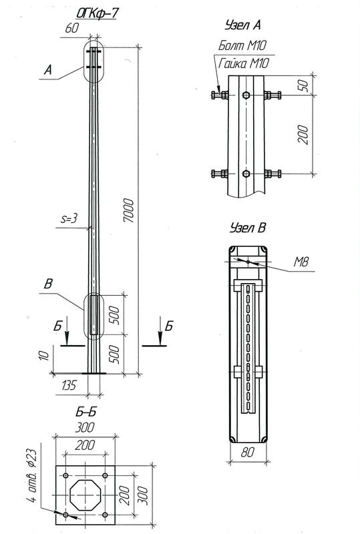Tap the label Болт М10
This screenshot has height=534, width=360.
244,46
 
